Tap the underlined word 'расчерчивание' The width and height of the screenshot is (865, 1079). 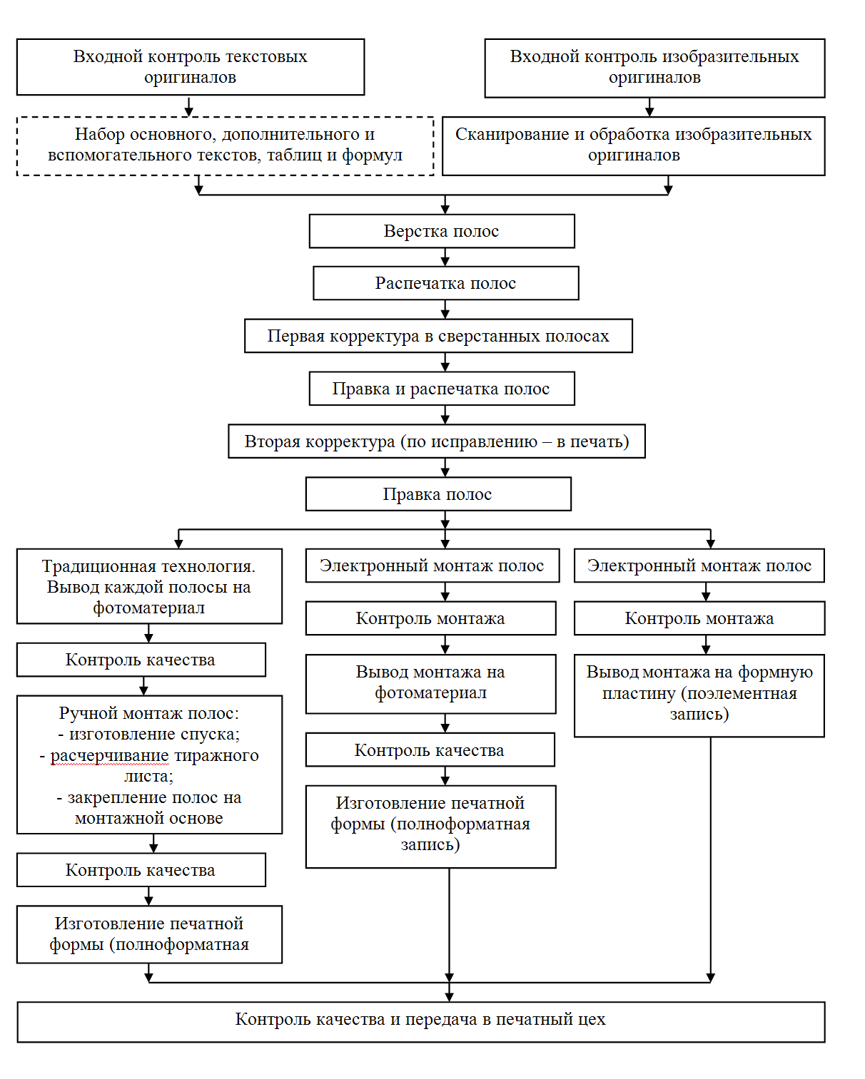[x=109, y=755]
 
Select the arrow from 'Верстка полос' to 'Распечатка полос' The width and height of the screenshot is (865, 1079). [x=445, y=257]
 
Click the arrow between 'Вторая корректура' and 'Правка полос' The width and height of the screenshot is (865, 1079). [x=445, y=467]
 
